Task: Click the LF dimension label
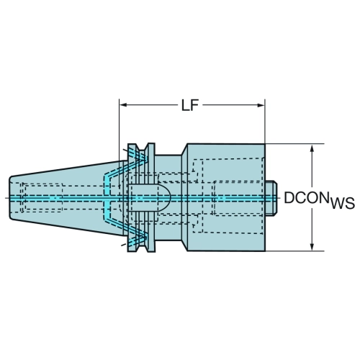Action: click(x=189, y=105)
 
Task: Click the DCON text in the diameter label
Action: click(x=307, y=198)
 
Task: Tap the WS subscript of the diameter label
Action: click(x=343, y=203)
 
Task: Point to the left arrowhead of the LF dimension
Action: click(x=123, y=105)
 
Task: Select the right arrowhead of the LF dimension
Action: click(x=261, y=105)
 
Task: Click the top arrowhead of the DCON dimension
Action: click(x=312, y=148)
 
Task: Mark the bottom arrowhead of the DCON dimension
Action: click(x=312, y=247)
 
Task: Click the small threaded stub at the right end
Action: click(x=271, y=197)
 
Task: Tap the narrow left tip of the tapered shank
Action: click(x=11, y=197)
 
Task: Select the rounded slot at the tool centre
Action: click(x=149, y=197)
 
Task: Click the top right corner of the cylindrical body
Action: click(x=265, y=144)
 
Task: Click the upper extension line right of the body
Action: click(x=294, y=144)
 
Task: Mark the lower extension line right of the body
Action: click(x=294, y=251)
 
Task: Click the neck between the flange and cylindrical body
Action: click(x=168, y=197)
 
